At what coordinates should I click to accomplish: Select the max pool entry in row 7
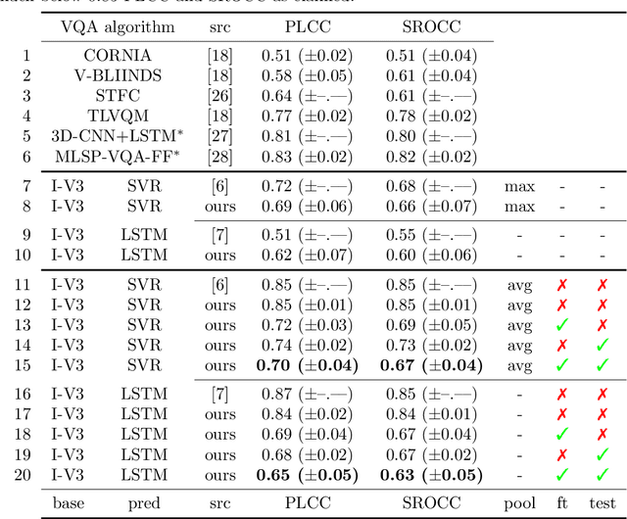(x=519, y=185)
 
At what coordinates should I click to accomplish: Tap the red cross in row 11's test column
(x=602, y=286)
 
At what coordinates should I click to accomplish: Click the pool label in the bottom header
(x=519, y=505)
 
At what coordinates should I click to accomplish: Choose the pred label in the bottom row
(x=145, y=505)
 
